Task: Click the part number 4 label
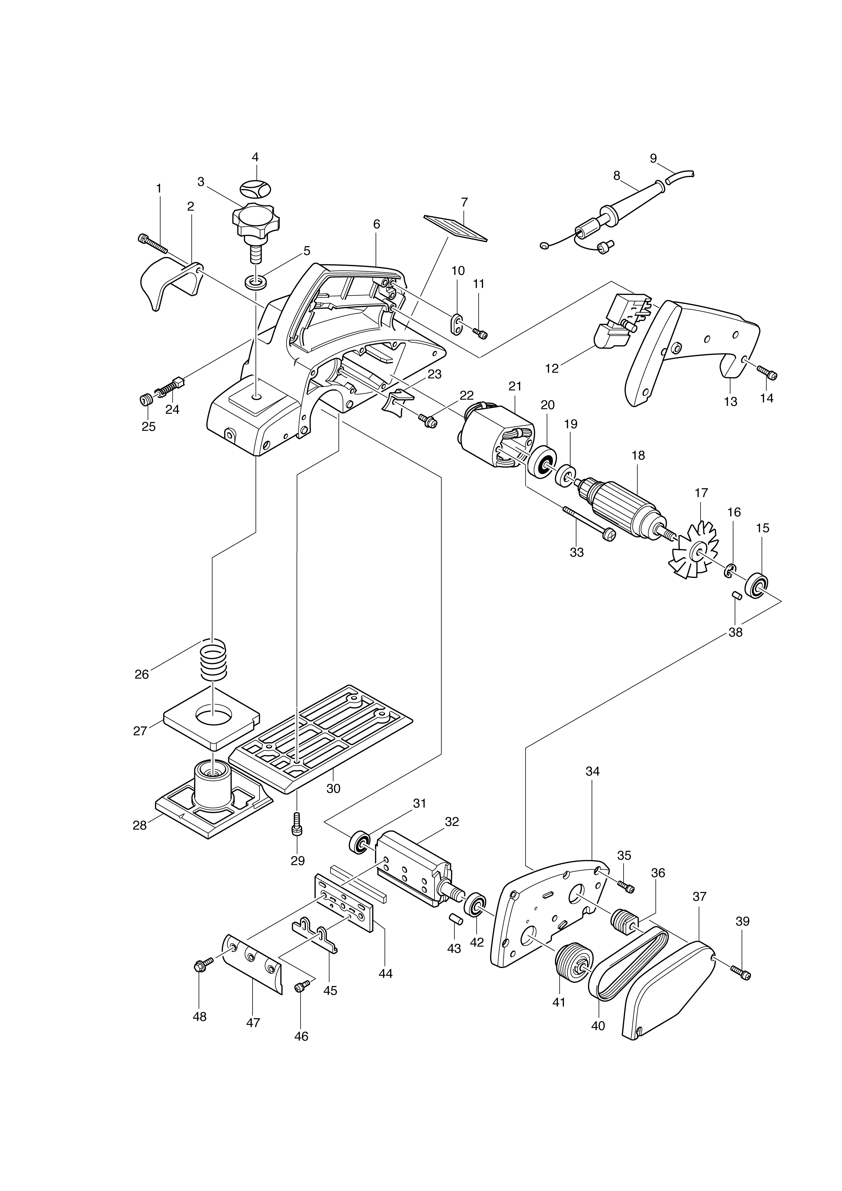point(255,157)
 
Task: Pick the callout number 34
point(592,786)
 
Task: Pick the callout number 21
point(515,386)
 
